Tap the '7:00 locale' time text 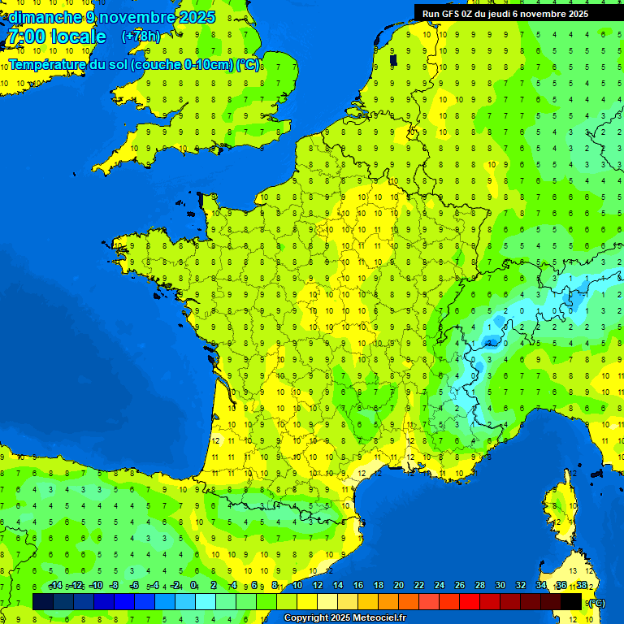pyautogui.click(x=57, y=37)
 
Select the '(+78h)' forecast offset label pyautogui.click(x=141, y=37)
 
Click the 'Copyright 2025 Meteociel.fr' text pyautogui.click(x=344, y=617)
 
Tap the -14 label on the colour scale pyautogui.click(x=54, y=585)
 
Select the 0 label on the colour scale pyautogui.click(x=193, y=585)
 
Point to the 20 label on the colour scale pyautogui.click(x=398, y=585)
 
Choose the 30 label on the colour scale pyautogui.click(x=500, y=585)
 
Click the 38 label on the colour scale pyautogui.click(x=581, y=585)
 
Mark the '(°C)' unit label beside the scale pyautogui.click(x=596, y=602)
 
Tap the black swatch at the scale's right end pyautogui.click(x=571, y=601)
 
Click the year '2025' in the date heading pyautogui.click(x=197, y=16)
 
